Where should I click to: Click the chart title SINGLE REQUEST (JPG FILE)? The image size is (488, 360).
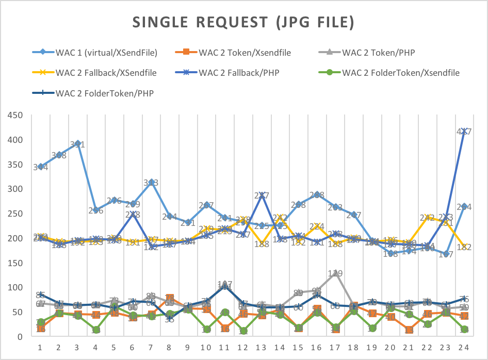243,22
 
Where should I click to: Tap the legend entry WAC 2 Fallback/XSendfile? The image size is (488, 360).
106,73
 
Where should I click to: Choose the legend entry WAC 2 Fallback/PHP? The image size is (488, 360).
239,73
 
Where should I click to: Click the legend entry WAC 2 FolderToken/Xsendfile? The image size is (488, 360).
400,73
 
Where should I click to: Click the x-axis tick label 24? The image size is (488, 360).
464,347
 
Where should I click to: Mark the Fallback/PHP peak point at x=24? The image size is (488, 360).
464,132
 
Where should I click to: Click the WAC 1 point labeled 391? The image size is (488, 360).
77,144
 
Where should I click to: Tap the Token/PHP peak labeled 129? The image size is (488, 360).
335,273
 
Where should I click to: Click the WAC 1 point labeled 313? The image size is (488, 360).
151,182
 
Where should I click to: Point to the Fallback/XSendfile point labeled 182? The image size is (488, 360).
464,247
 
